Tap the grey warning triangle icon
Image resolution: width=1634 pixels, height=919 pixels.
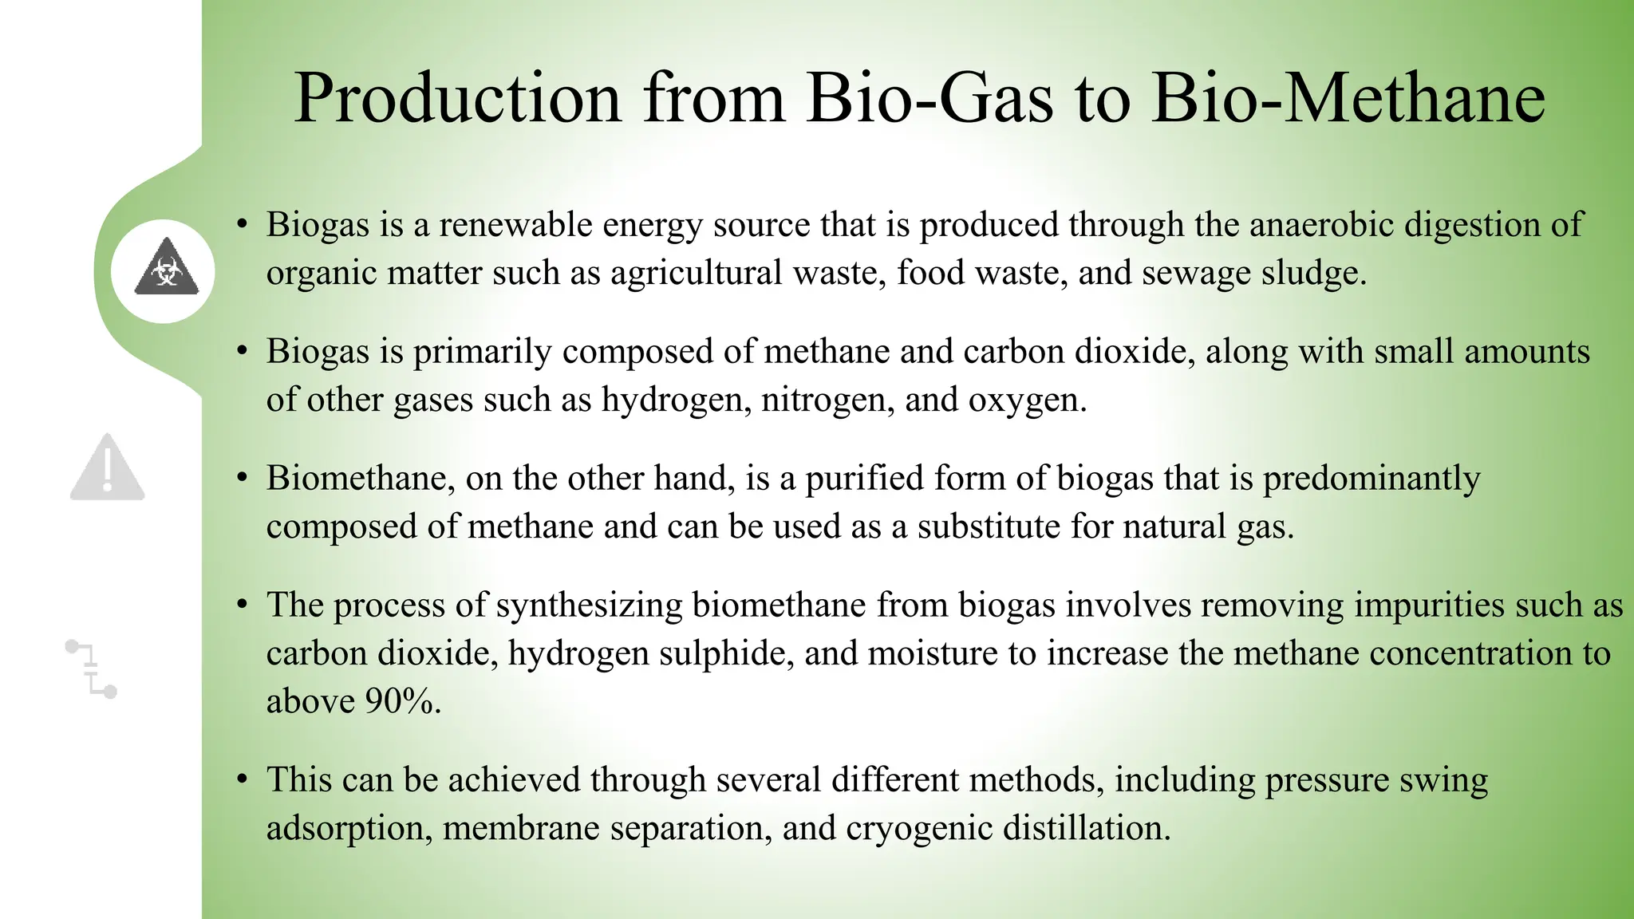coord(108,468)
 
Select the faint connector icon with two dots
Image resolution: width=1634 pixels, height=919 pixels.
coord(91,669)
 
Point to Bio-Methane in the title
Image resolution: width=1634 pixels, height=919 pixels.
coord(1348,98)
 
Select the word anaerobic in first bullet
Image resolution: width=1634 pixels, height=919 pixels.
coord(1321,224)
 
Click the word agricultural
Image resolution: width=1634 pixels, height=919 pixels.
coord(696,274)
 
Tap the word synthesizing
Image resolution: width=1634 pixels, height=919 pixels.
coord(589,605)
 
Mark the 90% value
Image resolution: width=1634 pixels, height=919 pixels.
coord(401,701)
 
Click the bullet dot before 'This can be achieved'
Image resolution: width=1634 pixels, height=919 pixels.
coord(242,779)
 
